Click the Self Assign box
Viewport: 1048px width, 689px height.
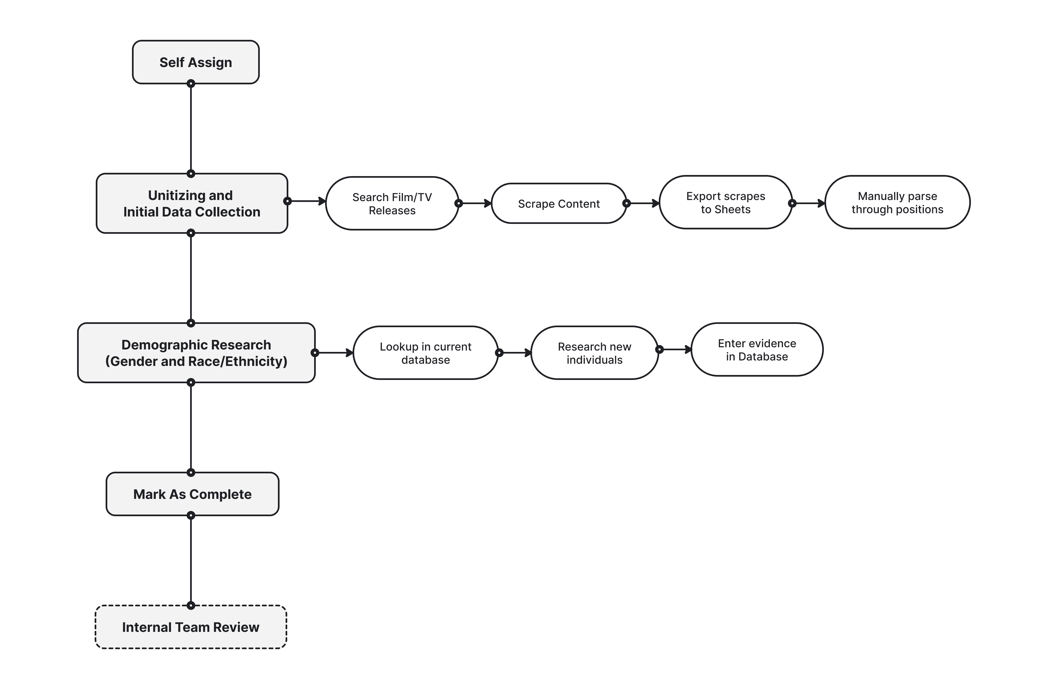(x=196, y=62)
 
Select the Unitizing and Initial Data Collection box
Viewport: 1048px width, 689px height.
(x=192, y=203)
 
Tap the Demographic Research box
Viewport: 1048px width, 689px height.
(x=196, y=353)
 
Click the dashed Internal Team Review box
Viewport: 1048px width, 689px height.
(x=191, y=627)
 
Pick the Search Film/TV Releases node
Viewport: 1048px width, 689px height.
(x=392, y=203)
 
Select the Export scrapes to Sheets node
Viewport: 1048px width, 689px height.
(x=725, y=202)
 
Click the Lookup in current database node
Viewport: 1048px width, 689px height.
(x=425, y=353)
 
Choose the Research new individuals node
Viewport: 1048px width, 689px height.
(x=595, y=353)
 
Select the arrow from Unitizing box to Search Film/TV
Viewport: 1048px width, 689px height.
(x=307, y=201)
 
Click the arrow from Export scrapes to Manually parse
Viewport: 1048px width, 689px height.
(x=809, y=203)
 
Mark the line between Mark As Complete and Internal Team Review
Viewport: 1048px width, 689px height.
(x=191, y=560)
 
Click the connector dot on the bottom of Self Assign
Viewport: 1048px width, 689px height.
(x=191, y=84)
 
